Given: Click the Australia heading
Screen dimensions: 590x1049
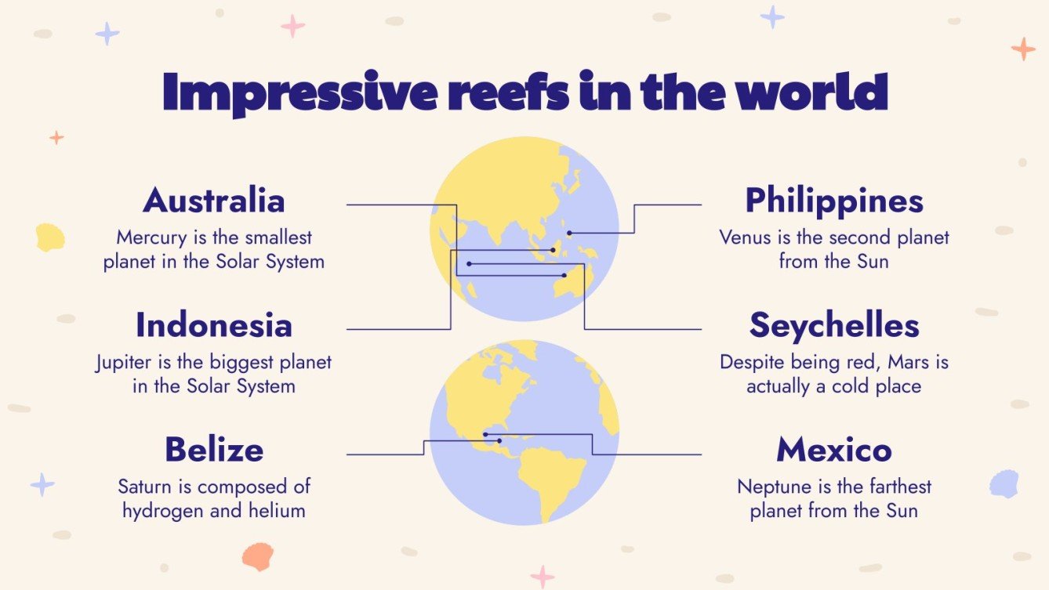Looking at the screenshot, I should pyautogui.click(x=213, y=201).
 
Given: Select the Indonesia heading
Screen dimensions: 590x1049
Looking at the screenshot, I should pyautogui.click(x=213, y=326).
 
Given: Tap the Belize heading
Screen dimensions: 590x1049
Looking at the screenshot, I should pyautogui.click(x=213, y=451).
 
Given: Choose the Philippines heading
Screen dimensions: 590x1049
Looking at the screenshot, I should pyautogui.click(x=834, y=201).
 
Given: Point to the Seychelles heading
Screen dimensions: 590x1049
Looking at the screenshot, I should pyautogui.click(x=834, y=326).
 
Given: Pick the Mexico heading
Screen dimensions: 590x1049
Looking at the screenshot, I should pyautogui.click(x=834, y=451).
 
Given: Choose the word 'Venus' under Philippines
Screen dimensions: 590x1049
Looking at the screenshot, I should pyautogui.click(x=745, y=237).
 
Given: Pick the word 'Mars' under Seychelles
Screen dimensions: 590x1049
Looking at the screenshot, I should pyautogui.click(x=906, y=363).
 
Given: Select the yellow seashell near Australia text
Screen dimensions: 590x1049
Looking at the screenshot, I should pyautogui.click(x=50, y=237).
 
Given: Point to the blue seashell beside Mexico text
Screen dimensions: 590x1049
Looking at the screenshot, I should pyautogui.click(x=1004, y=483).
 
